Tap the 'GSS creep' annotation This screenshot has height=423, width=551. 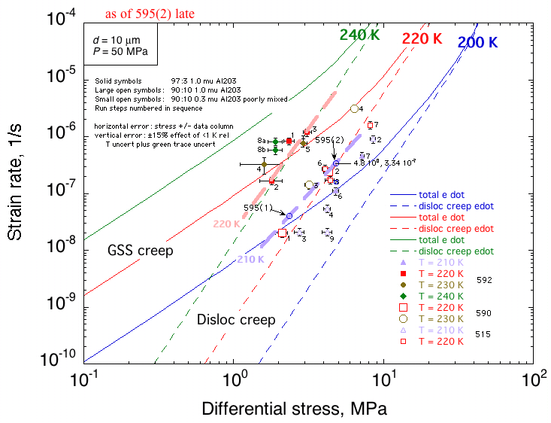pos(141,250)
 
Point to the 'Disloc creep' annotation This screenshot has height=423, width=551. pos(236,320)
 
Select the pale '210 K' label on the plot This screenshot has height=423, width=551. pos(250,260)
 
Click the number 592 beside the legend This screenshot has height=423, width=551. pos(485,279)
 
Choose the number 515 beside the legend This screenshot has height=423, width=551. pos(485,335)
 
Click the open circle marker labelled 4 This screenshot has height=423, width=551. pos(355,108)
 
